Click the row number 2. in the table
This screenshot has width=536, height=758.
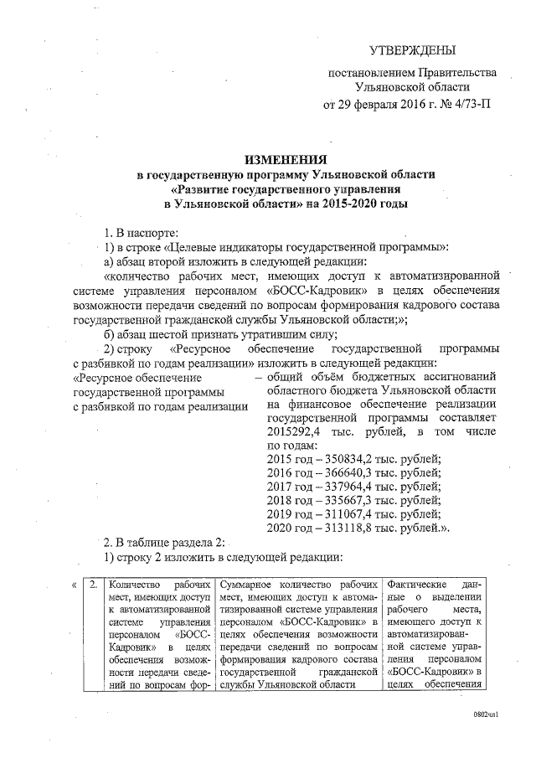95,583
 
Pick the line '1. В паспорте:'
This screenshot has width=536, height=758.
140,231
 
